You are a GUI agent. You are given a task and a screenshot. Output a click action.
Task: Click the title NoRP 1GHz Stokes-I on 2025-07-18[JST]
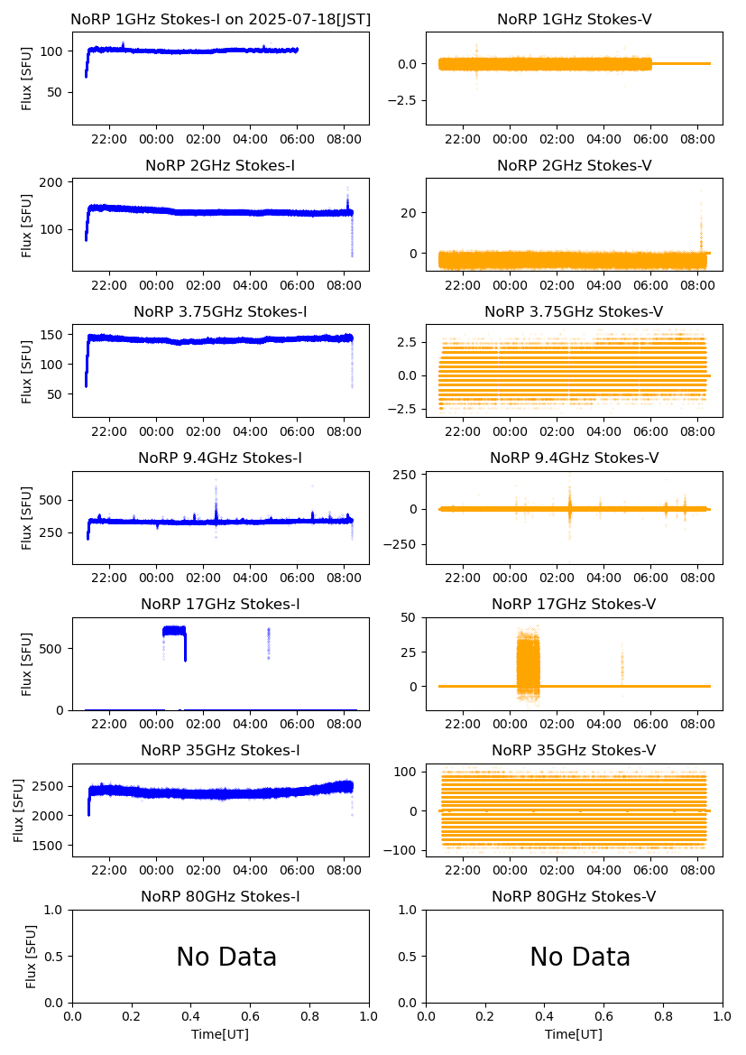point(220,19)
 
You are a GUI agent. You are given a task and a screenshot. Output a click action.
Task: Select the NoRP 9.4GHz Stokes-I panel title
point(220,458)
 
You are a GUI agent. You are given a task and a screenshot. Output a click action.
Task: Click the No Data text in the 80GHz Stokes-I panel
point(226,957)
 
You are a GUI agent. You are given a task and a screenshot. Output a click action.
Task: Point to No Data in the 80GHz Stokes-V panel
point(580,957)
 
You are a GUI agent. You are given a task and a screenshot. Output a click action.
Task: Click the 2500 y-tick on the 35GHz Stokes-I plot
point(49,786)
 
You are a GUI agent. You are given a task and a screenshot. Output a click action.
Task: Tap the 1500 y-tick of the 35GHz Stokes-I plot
point(49,846)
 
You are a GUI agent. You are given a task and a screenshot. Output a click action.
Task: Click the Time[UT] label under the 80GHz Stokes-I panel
point(220,1033)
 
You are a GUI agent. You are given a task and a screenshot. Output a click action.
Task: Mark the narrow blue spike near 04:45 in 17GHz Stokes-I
point(268,642)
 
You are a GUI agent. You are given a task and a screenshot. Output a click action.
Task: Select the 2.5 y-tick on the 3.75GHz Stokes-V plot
point(404,342)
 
